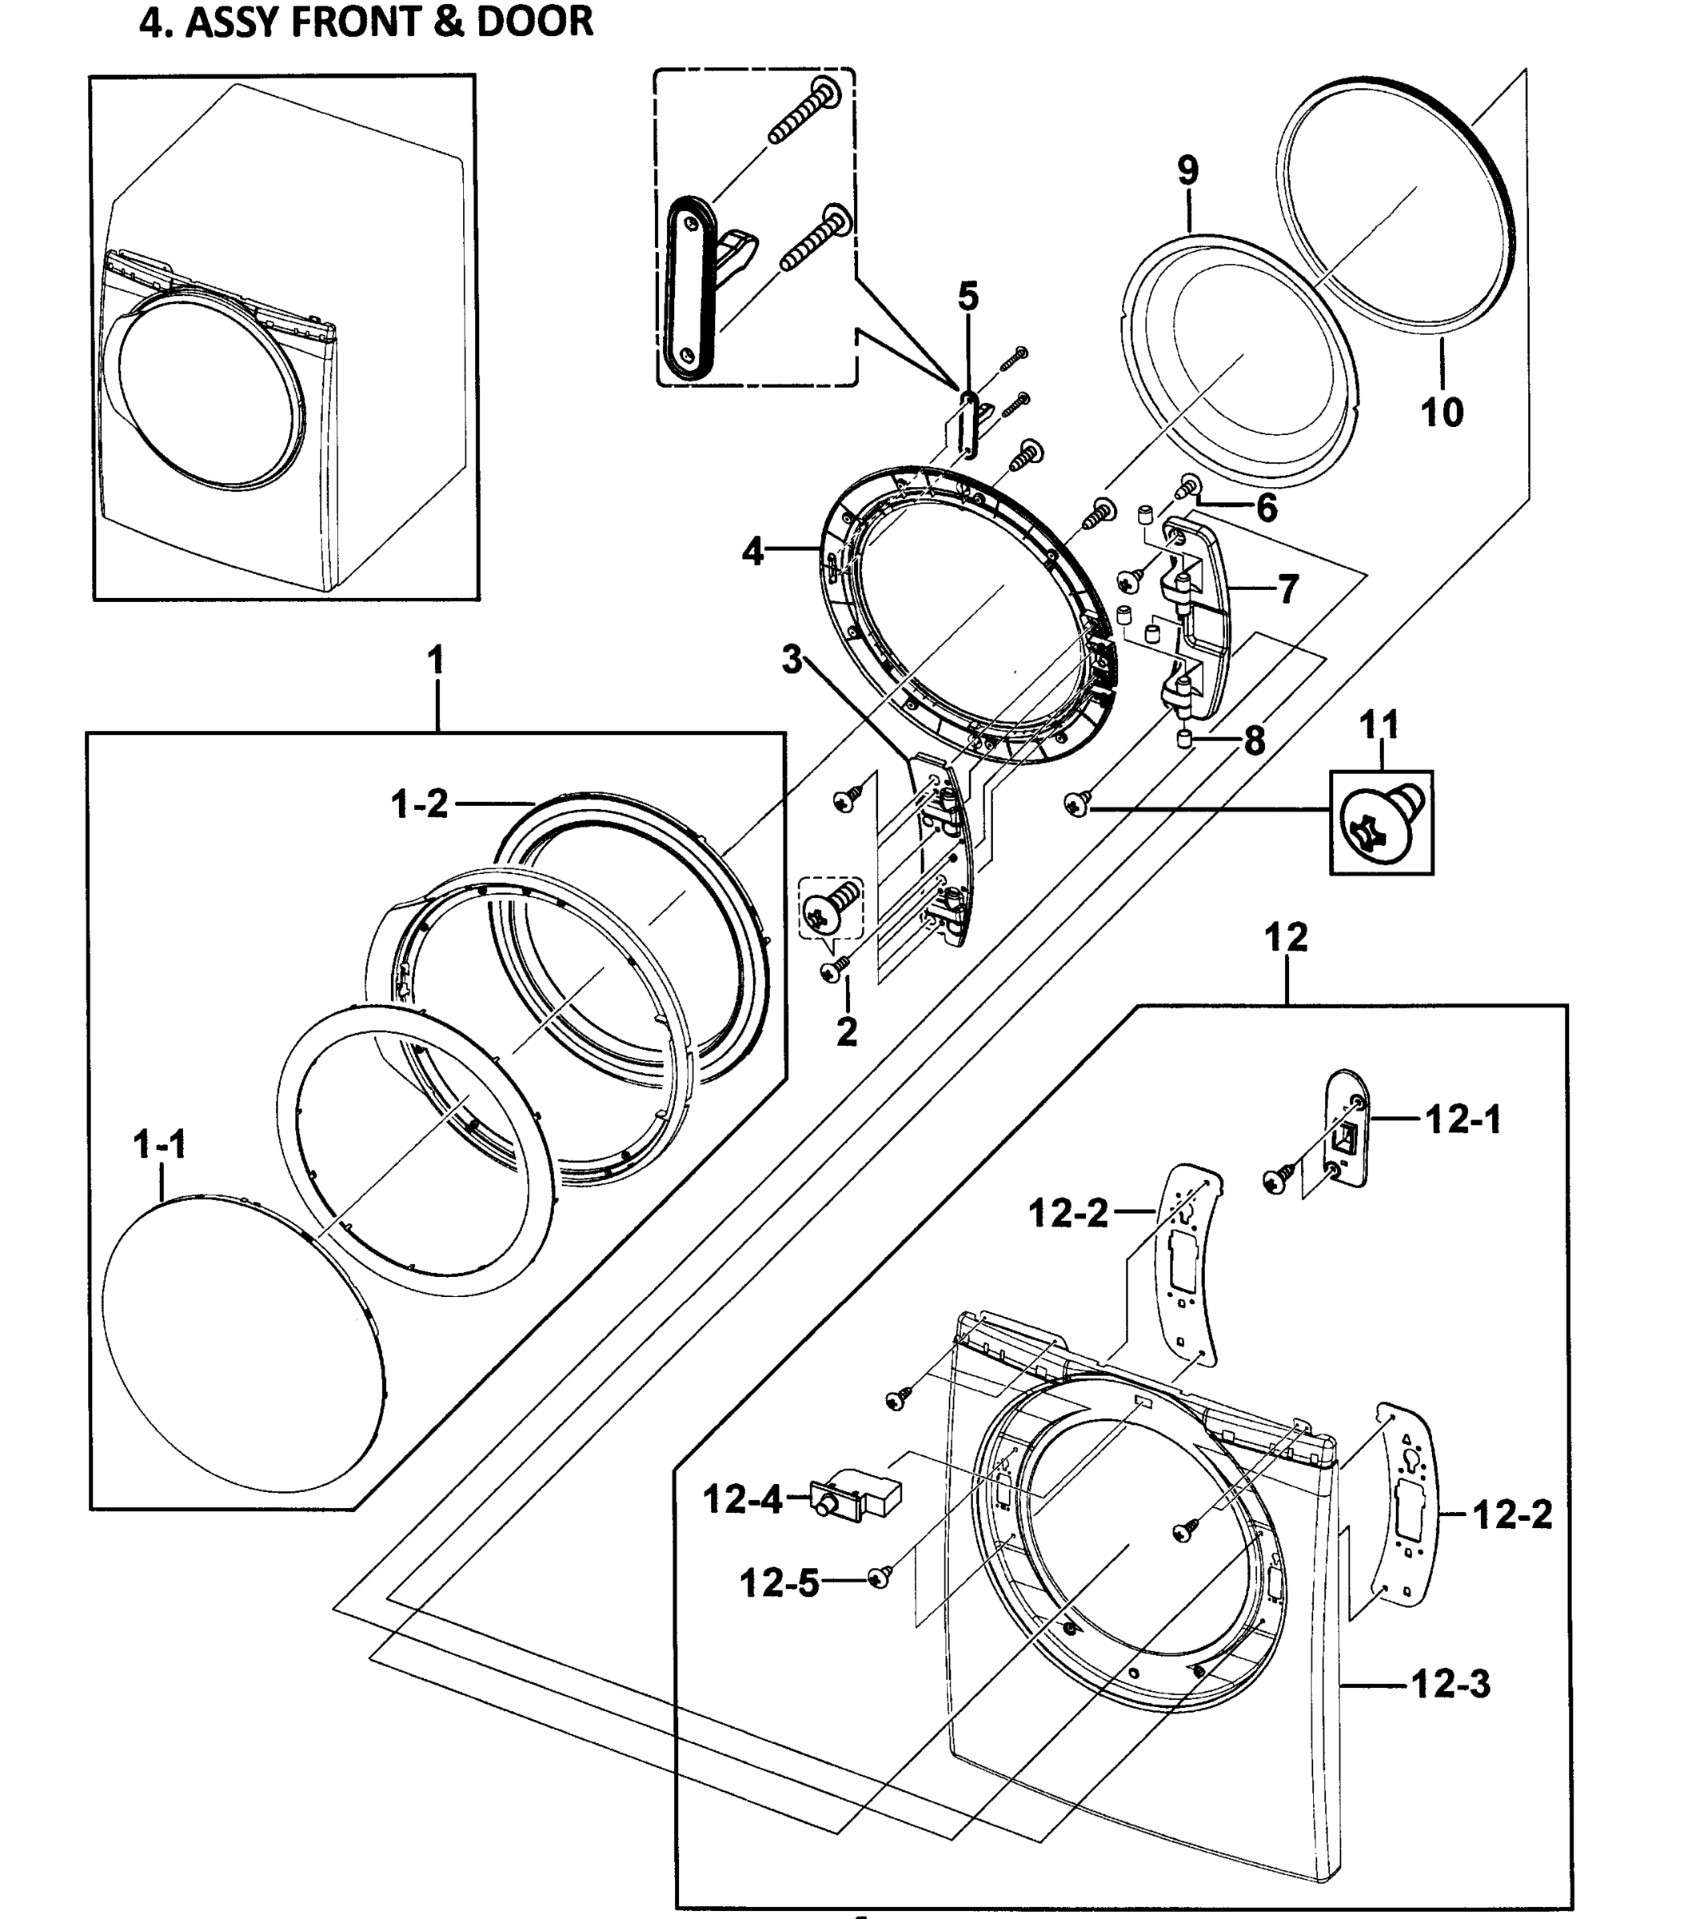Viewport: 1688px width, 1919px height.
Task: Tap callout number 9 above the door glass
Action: pyautogui.click(x=1187, y=171)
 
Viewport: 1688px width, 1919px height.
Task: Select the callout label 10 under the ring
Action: pyautogui.click(x=1441, y=412)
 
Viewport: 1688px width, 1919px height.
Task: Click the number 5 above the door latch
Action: pyautogui.click(x=968, y=297)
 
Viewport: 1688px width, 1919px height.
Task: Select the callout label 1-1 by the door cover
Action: pyautogui.click(x=160, y=1144)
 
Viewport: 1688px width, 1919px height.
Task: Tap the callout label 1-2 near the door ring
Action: pyautogui.click(x=420, y=804)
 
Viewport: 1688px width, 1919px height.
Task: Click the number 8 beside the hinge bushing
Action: pyautogui.click(x=1255, y=742)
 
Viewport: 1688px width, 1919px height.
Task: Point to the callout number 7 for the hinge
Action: pyautogui.click(x=1288, y=589)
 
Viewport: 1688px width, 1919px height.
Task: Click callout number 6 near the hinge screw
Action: pyautogui.click(x=1267, y=508)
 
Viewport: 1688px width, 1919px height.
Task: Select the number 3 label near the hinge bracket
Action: pyautogui.click(x=792, y=660)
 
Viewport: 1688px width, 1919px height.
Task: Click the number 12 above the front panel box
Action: pyautogui.click(x=1285, y=937)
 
